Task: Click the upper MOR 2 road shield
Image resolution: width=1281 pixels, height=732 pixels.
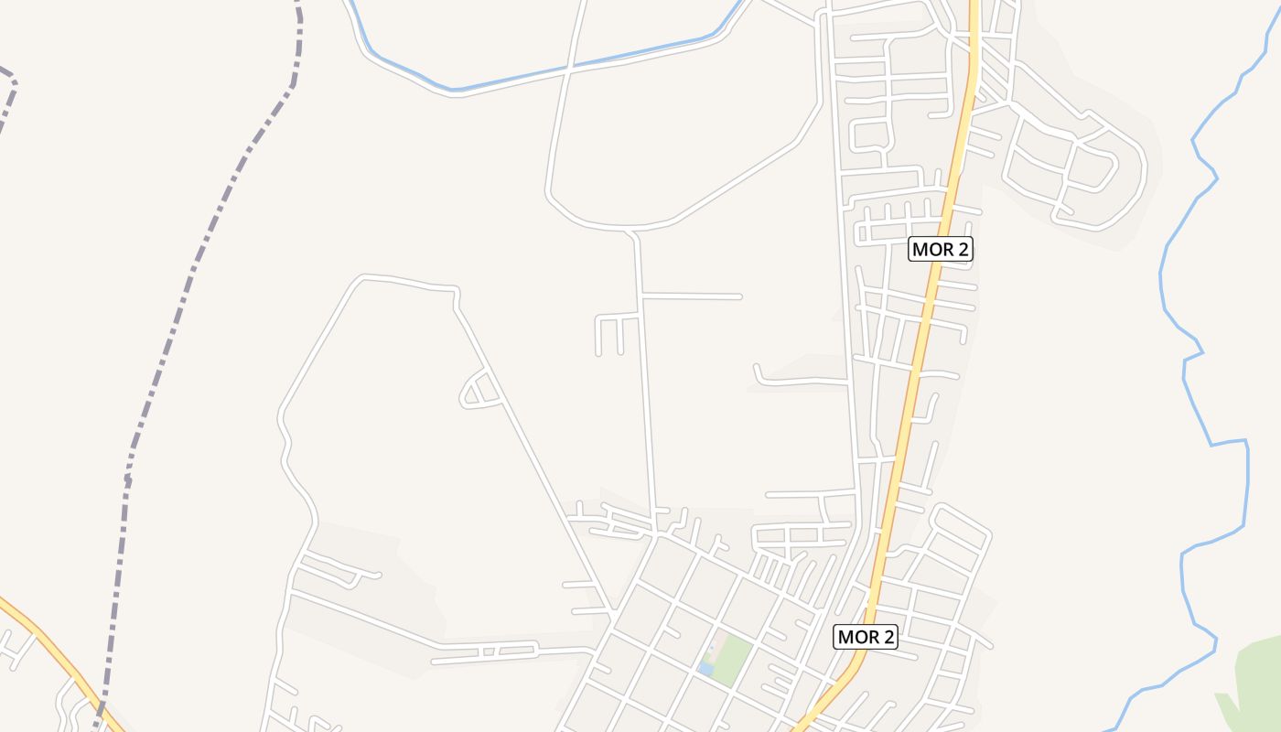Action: click(940, 249)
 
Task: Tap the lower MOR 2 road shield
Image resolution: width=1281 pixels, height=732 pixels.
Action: click(865, 637)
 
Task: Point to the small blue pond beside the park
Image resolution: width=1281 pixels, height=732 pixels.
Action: click(705, 670)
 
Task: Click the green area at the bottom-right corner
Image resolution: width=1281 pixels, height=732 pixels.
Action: click(1258, 682)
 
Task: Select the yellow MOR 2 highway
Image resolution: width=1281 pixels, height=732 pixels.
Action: click(915, 366)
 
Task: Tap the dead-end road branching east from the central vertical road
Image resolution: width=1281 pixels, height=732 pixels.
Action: click(695, 296)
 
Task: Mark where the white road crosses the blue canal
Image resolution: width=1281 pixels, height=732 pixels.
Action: click(569, 68)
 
